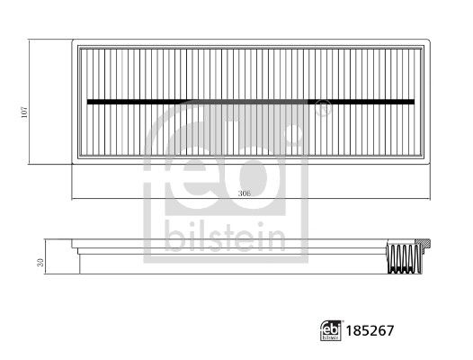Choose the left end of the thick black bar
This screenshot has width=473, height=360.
[x=89, y=101]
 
